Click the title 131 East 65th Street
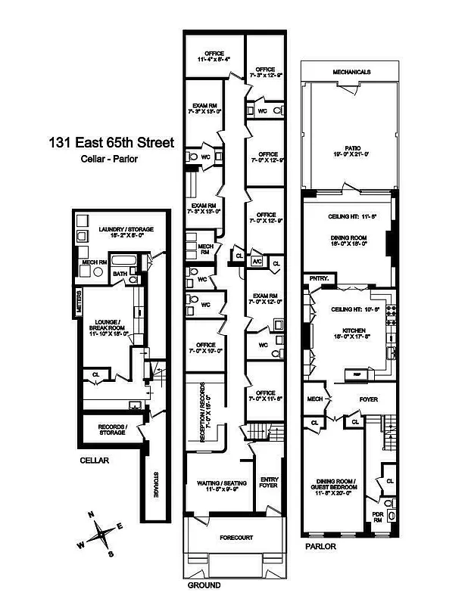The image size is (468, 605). [111, 142]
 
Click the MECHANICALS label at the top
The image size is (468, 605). [351, 73]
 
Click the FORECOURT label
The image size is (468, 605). [236, 538]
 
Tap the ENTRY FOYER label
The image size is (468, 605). [269, 483]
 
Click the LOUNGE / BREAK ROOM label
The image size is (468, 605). [111, 324]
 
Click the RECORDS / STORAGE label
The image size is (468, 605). [112, 429]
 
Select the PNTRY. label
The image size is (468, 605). [317, 279]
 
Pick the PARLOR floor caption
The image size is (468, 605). [320, 544]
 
